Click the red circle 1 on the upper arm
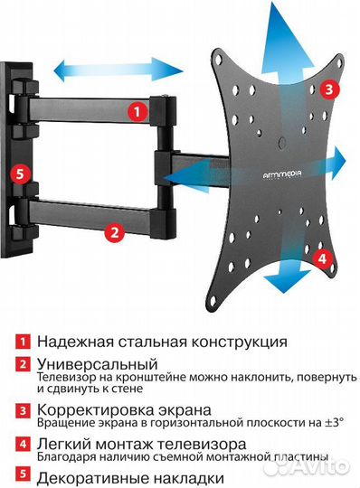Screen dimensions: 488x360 [x=137, y=113]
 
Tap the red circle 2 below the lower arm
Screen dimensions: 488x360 [x=114, y=231]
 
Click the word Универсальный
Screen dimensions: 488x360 [x=87, y=362]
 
